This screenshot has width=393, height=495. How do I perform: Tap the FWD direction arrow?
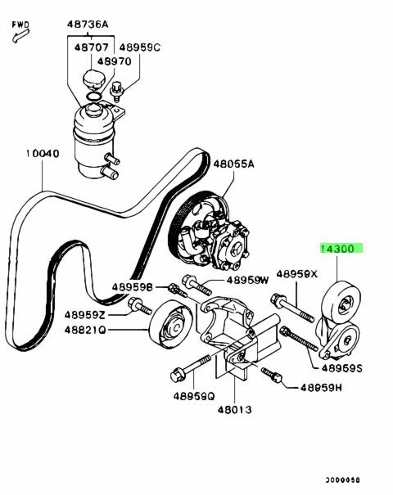[x=20, y=36]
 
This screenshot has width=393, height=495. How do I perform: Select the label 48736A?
[x=88, y=25]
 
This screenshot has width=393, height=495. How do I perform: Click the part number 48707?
[x=92, y=47]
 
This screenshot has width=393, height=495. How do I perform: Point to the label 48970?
[x=114, y=61]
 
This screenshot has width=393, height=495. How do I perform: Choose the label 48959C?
[x=140, y=47]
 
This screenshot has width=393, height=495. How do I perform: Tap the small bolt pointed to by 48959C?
[x=117, y=92]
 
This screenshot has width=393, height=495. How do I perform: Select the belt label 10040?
[x=43, y=154]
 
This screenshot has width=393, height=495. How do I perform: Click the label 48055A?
[x=234, y=164]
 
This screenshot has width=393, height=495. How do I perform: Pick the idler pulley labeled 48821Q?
[x=170, y=324]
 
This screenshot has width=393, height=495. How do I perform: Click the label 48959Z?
[x=85, y=315]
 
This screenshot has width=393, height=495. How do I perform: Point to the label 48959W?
[x=248, y=280]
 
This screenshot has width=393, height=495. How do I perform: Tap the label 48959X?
[x=297, y=274]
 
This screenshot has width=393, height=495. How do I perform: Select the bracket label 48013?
[x=235, y=410]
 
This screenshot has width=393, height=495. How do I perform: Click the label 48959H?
[x=321, y=388]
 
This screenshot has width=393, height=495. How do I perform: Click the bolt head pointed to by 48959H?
[x=277, y=377]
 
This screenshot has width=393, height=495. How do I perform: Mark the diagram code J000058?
[x=343, y=480]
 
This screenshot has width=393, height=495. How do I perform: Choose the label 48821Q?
[x=85, y=331]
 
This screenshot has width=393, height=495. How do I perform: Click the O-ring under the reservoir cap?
[x=94, y=96]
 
